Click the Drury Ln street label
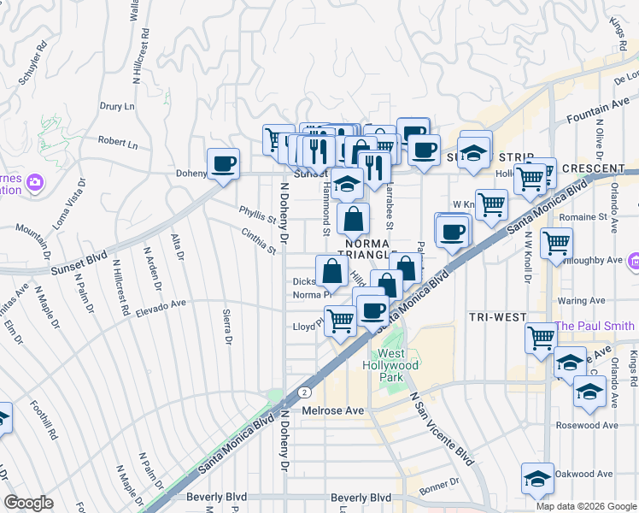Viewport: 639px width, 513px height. tap(118, 107)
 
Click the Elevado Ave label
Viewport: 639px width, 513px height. tap(161, 303)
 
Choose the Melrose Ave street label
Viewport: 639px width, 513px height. tap(333, 410)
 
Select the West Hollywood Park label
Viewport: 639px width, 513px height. tap(398, 365)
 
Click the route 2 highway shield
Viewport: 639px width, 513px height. tap(305, 392)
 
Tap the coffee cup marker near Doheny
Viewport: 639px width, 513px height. tap(224, 163)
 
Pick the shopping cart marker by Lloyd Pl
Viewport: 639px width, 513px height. tap(341, 321)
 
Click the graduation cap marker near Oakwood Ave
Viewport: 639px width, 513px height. tap(536, 478)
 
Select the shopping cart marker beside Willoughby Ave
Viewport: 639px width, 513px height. tap(556, 243)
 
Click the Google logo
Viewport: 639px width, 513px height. tap(28, 503)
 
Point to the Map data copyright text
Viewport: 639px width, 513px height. tap(586, 506)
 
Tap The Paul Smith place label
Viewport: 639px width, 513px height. tap(595, 326)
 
